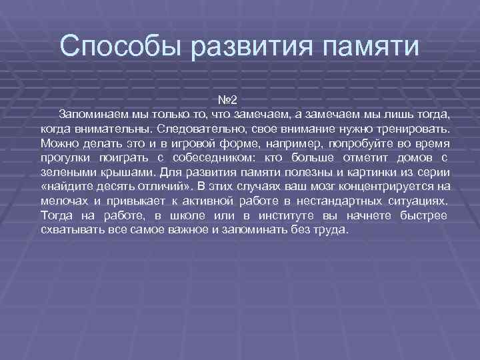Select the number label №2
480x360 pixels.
click(x=227, y=101)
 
